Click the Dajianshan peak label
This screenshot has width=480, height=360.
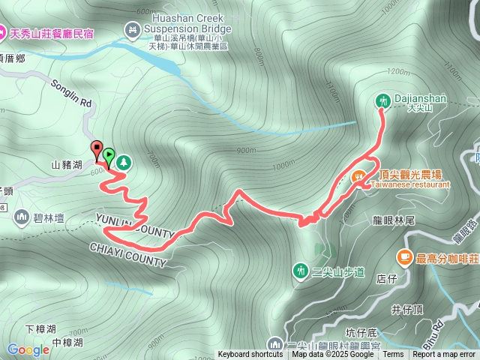coord(411,98)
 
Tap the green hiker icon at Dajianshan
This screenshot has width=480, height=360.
coord(382,100)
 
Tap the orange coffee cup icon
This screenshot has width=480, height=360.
coord(404,258)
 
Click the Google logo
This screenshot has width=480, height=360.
coord(28,349)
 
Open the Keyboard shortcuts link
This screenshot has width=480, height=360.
coord(250,355)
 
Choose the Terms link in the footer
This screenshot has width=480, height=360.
coord(392,355)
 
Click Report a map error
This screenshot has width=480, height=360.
coord(444,355)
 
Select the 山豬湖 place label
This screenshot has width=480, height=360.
coord(66,163)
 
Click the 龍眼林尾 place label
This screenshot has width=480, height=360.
coord(388,222)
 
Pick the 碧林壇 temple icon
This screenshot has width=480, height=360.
coord(21,217)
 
